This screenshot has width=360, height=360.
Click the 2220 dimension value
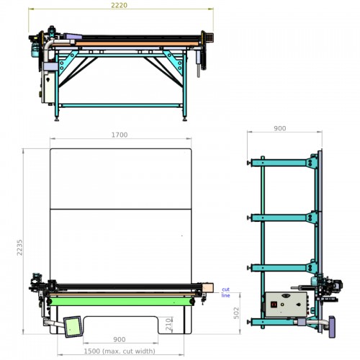click(x=119, y=5)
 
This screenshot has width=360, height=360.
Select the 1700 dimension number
click(x=120, y=135)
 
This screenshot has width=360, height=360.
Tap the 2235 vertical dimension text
click(x=19, y=247)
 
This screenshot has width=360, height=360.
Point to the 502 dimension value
click(x=236, y=313)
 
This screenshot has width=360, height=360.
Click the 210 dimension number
click(x=168, y=324)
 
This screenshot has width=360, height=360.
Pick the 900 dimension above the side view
click(x=280, y=128)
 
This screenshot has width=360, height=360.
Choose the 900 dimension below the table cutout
click(x=120, y=340)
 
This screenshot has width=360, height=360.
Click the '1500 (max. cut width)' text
click(x=120, y=351)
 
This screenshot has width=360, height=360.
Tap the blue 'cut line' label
click(x=225, y=292)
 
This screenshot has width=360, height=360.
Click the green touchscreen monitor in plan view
click(x=73, y=327)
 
